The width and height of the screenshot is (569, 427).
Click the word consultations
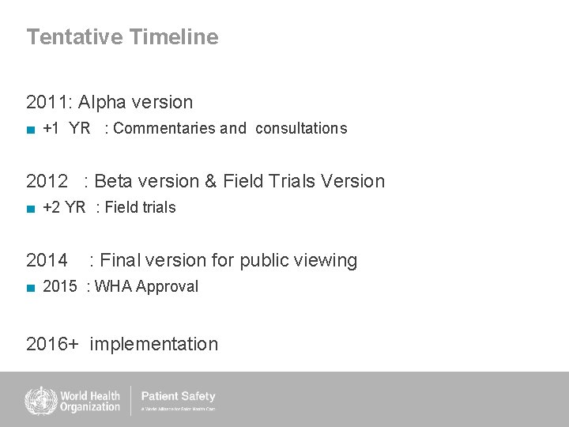[301, 128]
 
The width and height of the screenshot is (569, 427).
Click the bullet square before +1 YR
[31, 129]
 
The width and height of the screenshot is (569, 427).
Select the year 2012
[47, 181]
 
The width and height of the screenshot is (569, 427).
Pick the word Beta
[115, 181]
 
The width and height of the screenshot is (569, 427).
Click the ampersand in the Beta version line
[210, 181]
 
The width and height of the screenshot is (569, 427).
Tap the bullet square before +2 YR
[31, 209]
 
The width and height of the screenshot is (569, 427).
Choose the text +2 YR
[64, 207]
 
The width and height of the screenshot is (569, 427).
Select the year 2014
[47, 260]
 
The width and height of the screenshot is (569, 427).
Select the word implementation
[154, 344]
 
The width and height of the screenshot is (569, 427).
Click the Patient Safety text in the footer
[178, 396]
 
